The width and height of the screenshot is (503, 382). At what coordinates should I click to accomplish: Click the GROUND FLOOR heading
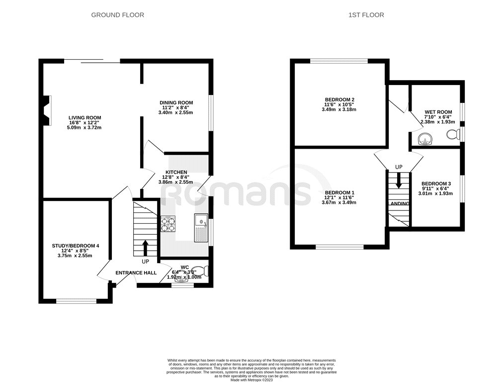pos(118,15)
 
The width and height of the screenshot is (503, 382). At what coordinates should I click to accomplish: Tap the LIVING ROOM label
pos(84,118)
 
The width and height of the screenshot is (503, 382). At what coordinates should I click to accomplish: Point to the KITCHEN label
pos(176,172)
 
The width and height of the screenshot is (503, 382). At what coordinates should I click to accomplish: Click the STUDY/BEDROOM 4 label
pos(76,246)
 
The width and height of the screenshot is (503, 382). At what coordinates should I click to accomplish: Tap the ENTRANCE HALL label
pos(136,273)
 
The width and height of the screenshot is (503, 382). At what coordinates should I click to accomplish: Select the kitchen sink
pos(201,227)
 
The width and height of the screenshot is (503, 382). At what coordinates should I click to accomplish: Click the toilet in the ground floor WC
pos(204,271)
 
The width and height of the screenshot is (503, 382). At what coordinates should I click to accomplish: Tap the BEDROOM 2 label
pos(339,99)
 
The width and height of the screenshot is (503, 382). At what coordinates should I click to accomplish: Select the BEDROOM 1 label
pos(339,192)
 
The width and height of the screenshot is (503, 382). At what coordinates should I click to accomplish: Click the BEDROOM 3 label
pos(436,184)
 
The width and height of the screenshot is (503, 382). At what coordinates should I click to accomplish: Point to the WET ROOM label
pos(438,112)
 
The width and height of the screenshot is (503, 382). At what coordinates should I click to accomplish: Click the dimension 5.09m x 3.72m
pos(84,128)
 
